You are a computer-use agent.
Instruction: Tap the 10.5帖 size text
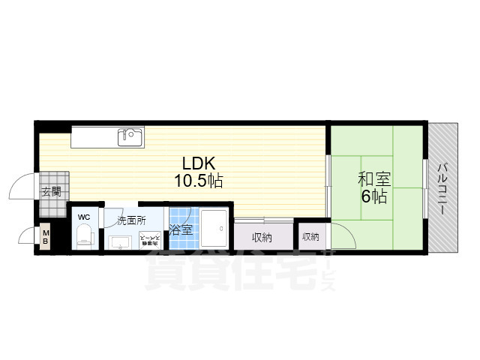pos(199,180)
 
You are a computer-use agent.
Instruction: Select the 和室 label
pos(373,179)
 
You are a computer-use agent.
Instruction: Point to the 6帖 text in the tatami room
pos(373,197)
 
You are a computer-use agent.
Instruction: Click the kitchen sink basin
pos(130,136)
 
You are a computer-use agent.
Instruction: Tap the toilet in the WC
pos(83,237)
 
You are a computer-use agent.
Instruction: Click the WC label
pos(83,217)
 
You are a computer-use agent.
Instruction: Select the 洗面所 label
pos(130,221)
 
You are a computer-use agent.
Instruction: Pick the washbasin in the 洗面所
pos(121,241)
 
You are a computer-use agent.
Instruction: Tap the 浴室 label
pos(180,230)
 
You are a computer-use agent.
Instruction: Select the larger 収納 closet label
pos(262,238)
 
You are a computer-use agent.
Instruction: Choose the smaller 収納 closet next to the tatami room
pos(310,237)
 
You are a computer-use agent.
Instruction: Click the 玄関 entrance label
pos(52,192)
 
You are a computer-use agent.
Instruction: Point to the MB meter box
pos(45,238)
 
